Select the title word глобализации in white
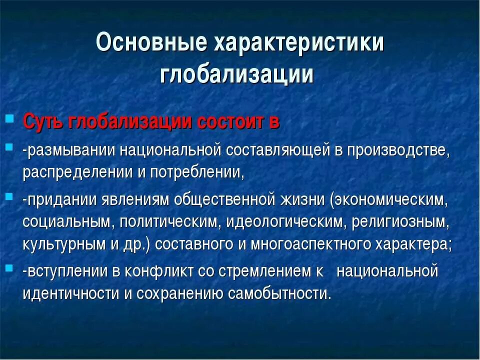click(237, 73)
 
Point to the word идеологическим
click(286, 221)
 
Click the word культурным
click(60, 245)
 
